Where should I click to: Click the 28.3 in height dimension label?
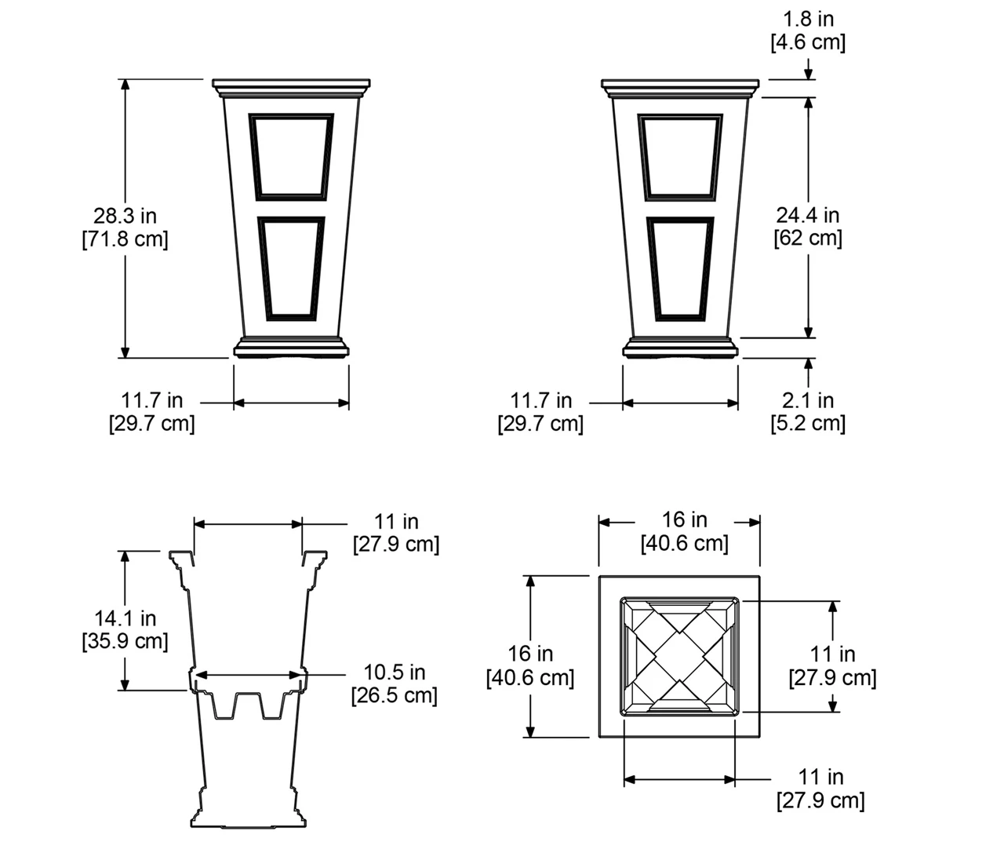(x=125, y=215)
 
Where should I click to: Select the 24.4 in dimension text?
(x=808, y=214)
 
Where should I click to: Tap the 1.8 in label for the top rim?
(x=808, y=18)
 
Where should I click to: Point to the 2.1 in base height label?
(x=808, y=400)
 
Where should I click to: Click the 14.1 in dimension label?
(x=125, y=618)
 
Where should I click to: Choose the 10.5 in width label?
(x=394, y=673)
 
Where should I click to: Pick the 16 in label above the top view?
(x=684, y=519)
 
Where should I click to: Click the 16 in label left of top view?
(x=530, y=654)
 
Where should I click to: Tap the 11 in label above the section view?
(x=395, y=521)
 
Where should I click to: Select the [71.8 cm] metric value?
(x=125, y=239)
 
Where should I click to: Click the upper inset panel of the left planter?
(x=291, y=155)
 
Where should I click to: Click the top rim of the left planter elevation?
(x=290, y=83)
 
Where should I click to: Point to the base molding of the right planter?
(x=680, y=348)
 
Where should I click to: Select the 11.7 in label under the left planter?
(x=151, y=400)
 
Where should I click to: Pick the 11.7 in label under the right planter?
(x=540, y=400)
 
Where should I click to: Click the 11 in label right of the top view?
(x=832, y=654)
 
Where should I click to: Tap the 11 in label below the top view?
(x=820, y=777)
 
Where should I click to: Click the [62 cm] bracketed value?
(x=808, y=238)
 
